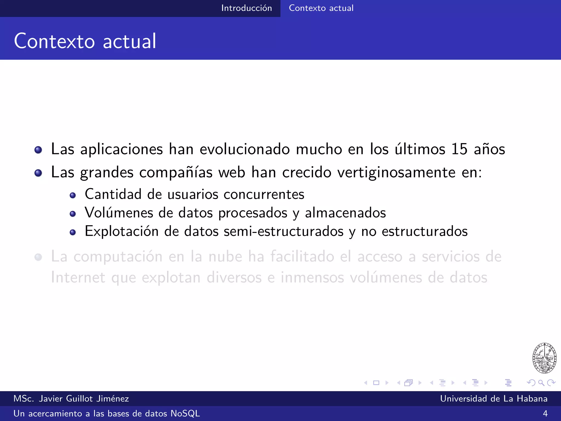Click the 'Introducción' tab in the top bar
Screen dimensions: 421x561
tap(247, 8)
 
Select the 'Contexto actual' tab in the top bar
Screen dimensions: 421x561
tap(321, 8)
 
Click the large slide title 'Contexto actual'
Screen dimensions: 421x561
tap(85, 41)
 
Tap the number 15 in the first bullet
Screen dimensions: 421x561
tap(459, 149)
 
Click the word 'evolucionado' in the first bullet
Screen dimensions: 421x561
tap(245, 149)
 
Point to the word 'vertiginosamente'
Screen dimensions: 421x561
tap(396, 173)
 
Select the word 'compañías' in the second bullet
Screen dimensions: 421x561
tap(176, 173)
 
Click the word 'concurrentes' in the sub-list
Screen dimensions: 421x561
tap(264, 194)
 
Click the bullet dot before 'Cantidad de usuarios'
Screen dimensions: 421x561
tap(73, 195)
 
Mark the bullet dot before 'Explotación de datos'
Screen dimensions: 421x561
tap(73, 232)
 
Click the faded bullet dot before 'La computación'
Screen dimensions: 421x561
tap(38, 257)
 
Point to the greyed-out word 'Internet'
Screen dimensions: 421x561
tap(78, 277)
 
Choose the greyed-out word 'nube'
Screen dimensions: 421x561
tap(225, 257)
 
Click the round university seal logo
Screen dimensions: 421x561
tap(544, 358)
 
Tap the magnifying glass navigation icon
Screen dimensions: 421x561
tap(541, 383)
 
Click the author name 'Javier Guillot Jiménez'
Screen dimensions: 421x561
tap(84, 399)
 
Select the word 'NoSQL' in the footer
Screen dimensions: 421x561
tap(185, 413)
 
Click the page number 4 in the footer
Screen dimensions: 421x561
tap(545, 413)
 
